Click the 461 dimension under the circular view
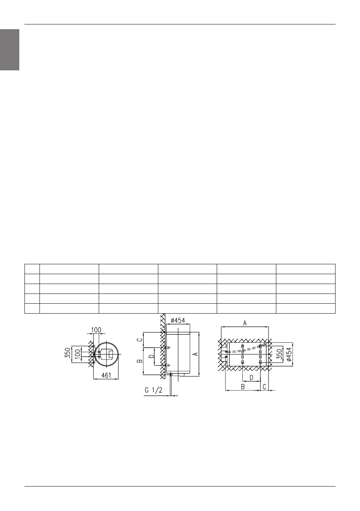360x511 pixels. [x=106, y=375]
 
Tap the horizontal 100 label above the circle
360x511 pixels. [x=96, y=330]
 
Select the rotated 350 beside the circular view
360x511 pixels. [x=67, y=353]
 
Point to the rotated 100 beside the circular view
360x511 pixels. [x=77, y=354]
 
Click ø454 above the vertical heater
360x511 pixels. [x=178, y=320]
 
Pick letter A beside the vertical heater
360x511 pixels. [x=196, y=354]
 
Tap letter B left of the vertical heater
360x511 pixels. [x=139, y=361]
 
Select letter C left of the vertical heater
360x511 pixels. [x=139, y=339]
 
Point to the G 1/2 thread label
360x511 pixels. [x=153, y=390]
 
